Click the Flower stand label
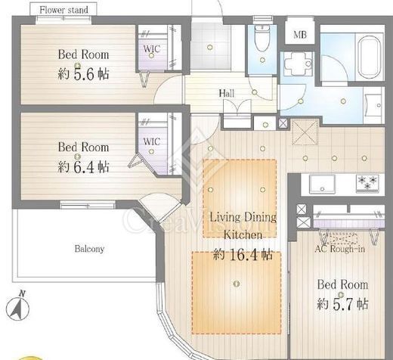64,10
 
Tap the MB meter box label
300,35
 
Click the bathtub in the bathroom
370,57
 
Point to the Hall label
227,93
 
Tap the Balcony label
89,249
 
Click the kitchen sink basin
322,184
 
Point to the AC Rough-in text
339,249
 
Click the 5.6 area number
85,74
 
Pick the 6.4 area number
85,167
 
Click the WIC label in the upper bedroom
152,48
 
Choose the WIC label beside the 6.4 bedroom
152,141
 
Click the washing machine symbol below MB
298,64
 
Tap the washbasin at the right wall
374,105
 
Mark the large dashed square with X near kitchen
305,132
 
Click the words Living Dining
243,217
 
